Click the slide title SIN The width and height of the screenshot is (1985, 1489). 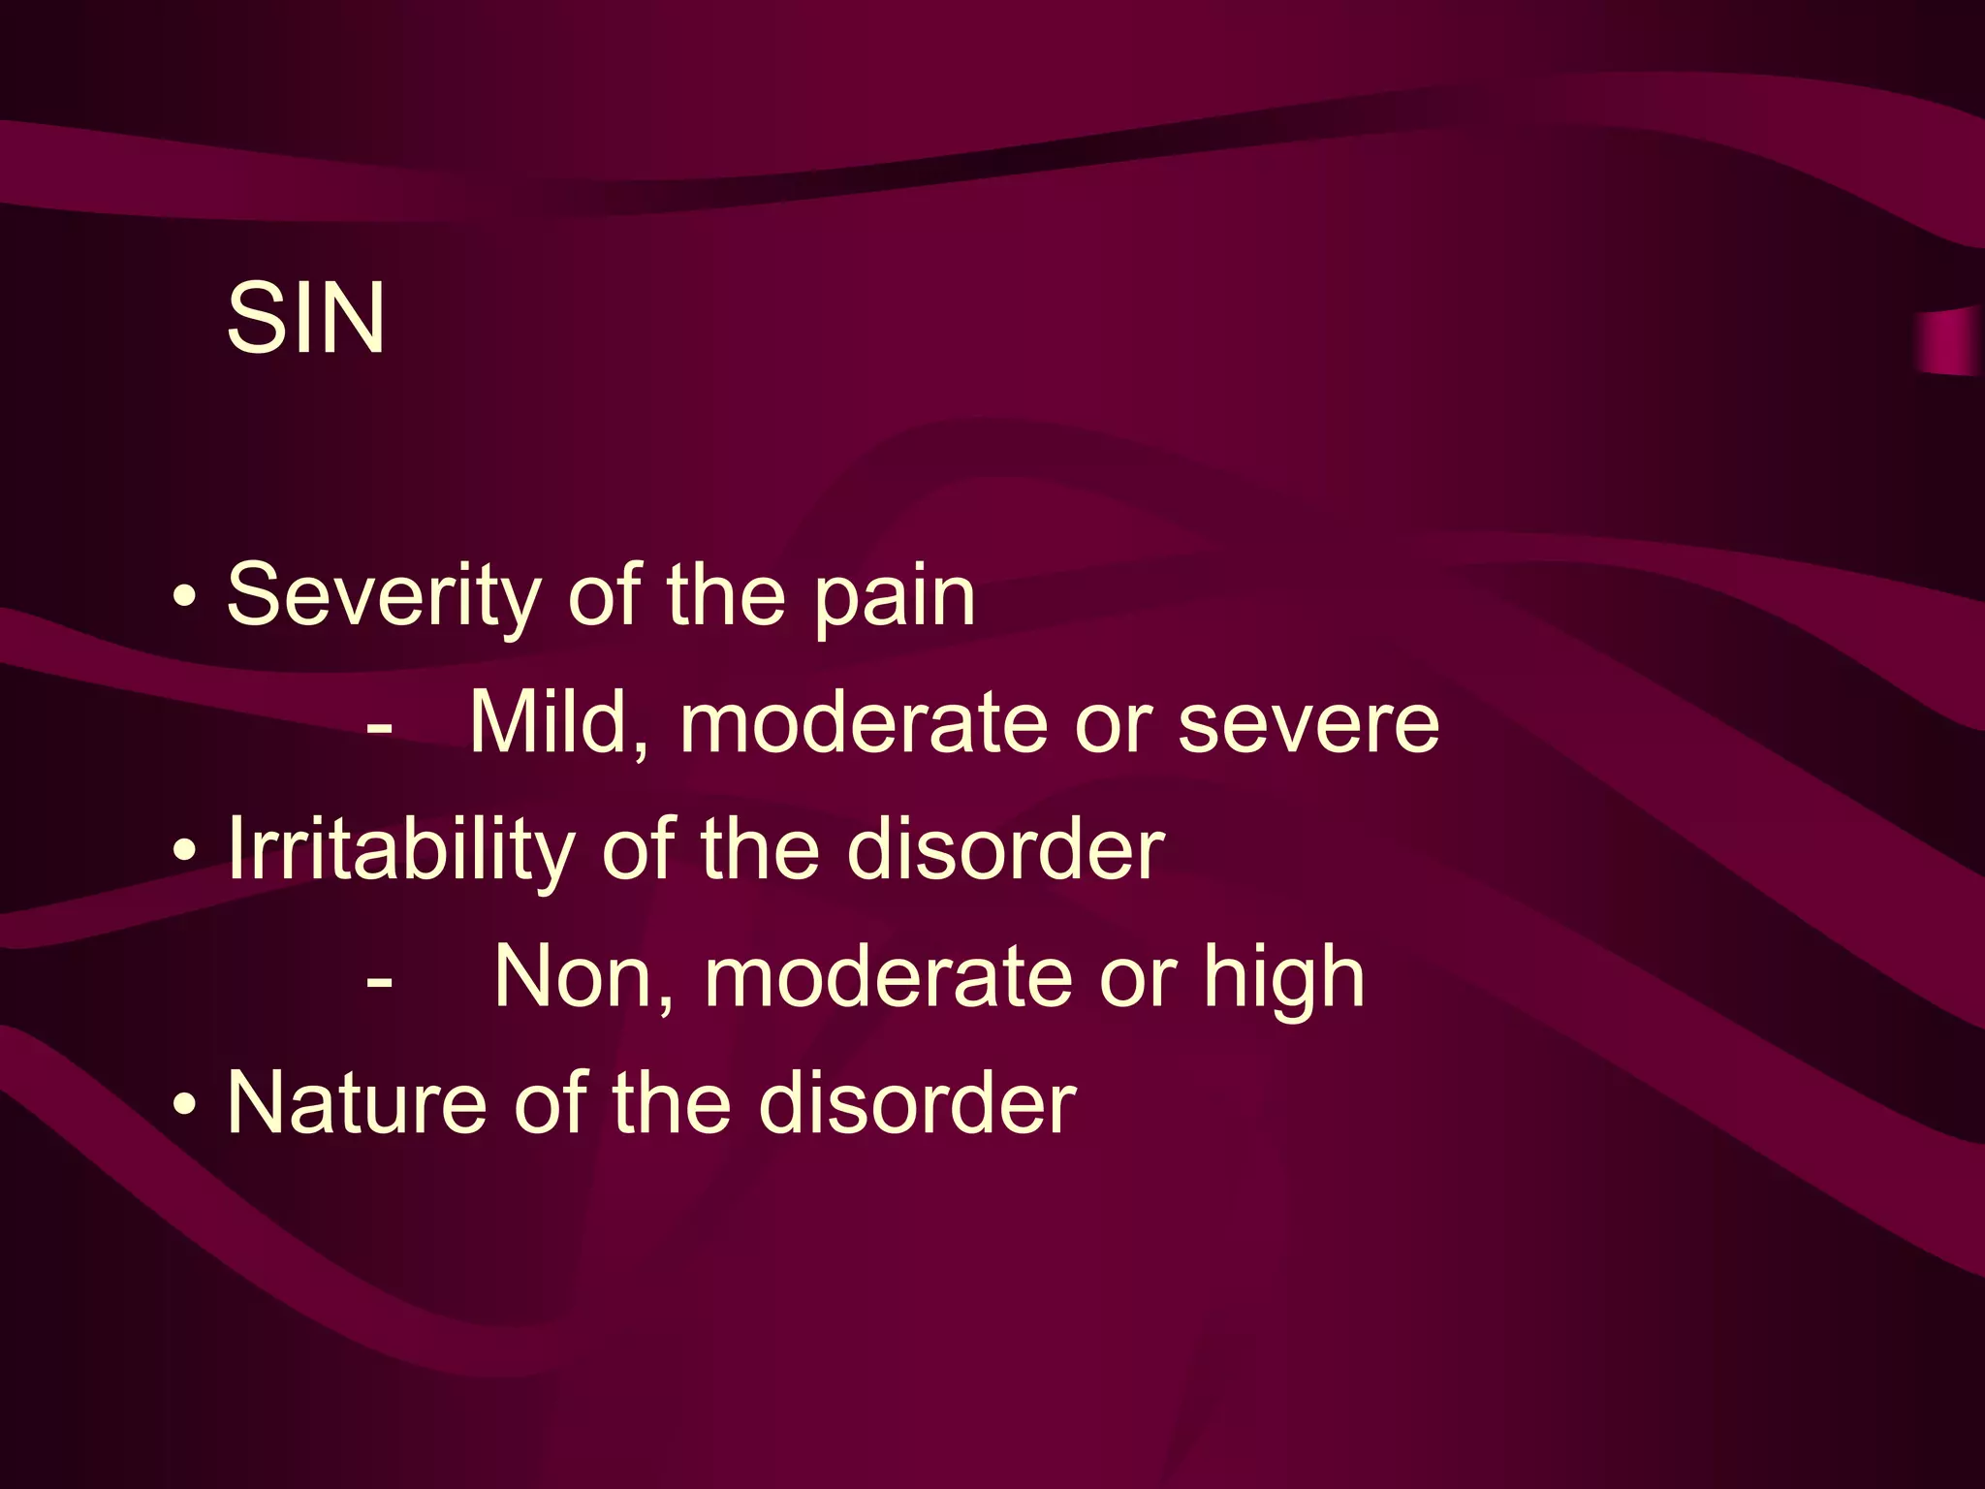click(305, 318)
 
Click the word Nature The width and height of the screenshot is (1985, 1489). click(356, 1104)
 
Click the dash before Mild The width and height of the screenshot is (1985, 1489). click(380, 726)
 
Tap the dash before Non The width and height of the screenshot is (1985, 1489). click(380, 980)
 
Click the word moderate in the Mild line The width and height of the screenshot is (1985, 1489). click(864, 724)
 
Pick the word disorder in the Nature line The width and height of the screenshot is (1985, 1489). click(917, 1105)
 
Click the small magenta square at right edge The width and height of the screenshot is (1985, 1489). click(1950, 341)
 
